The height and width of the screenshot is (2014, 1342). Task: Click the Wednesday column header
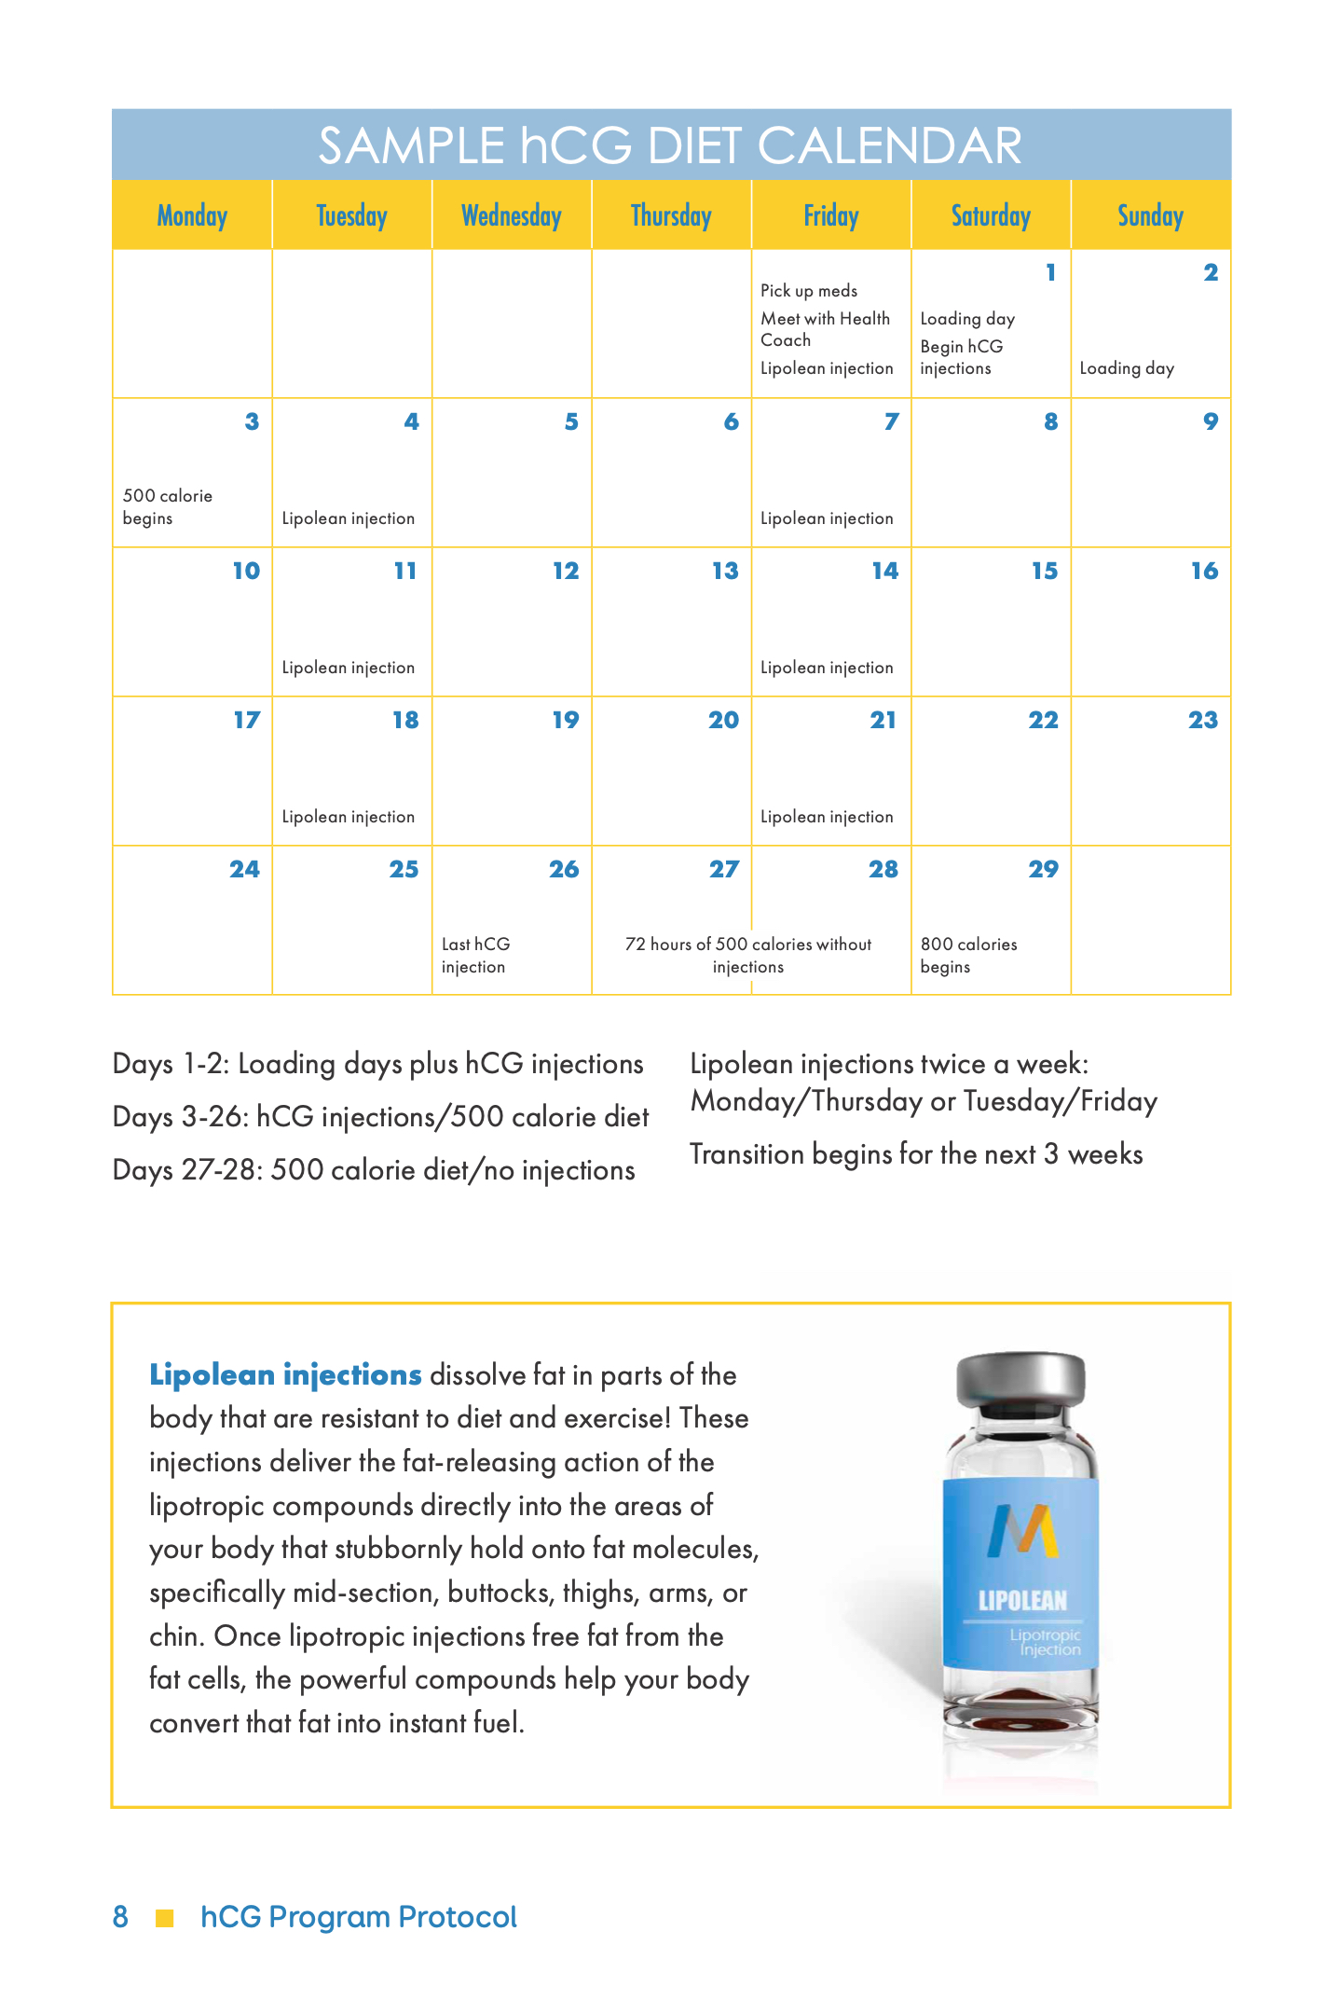point(512,216)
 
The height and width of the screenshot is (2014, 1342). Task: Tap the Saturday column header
point(991,216)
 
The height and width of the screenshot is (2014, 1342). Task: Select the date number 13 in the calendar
point(725,571)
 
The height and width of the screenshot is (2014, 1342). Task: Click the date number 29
point(1043,869)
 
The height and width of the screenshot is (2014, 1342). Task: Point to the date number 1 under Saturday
point(1050,272)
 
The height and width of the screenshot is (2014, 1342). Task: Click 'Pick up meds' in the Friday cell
point(809,291)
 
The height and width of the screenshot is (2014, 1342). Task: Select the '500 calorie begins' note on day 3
point(168,506)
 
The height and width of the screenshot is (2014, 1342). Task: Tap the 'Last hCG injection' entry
point(475,955)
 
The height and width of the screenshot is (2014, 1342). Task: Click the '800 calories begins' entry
point(968,955)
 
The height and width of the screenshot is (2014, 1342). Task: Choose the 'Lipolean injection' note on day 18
point(349,817)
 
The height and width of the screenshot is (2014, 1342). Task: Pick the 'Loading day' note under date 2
point(1127,368)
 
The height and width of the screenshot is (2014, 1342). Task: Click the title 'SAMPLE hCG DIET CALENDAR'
point(670,145)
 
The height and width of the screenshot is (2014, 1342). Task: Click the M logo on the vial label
point(1022,1532)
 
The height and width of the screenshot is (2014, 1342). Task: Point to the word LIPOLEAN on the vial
point(1022,1601)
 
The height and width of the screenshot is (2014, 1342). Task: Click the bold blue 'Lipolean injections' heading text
point(286,1375)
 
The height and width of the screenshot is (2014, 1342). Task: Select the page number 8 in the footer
point(120,1917)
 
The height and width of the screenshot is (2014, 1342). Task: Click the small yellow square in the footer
point(165,1918)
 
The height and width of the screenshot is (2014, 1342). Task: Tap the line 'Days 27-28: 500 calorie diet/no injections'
point(374,1170)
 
